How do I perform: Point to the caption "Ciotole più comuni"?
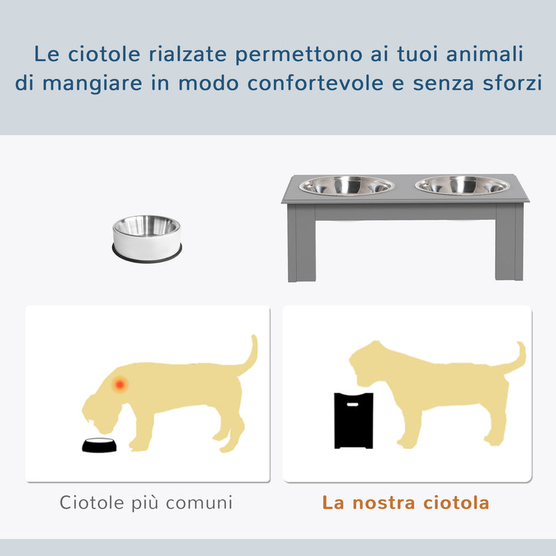[146, 502]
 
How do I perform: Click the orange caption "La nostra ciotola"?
[406, 502]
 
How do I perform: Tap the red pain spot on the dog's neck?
[121, 383]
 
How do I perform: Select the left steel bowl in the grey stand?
[350, 186]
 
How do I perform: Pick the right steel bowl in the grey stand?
[462, 186]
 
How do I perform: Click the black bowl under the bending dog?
[99, 445]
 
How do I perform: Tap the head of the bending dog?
[104, 407]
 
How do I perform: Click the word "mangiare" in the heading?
[101, 83]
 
